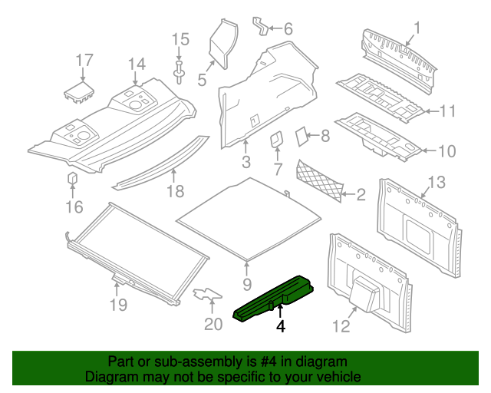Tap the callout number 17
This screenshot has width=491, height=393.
click(x=84, y=60)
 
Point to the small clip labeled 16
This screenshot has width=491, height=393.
click(x=73, y=179)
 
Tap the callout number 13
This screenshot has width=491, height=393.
click(x=436, y=182)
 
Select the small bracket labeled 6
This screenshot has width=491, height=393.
click(x=263, y=27)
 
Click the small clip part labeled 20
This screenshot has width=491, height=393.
click(x=206, y=294)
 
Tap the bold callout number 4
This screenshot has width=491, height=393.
click(x=281, y=327)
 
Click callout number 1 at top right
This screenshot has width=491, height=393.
click(x=417, y=30)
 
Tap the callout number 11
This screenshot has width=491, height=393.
click(x=447, y=111)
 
